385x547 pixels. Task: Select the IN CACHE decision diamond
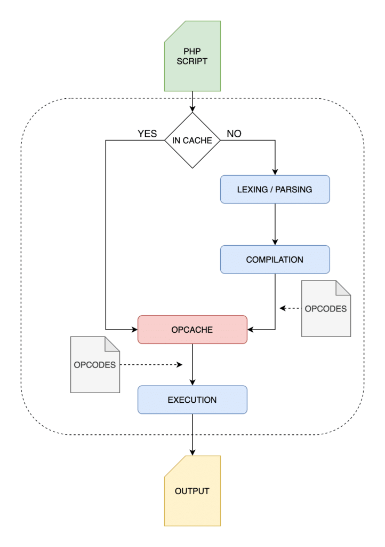click(x=192, y=140)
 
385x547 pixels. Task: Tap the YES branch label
click(x=148, y=134)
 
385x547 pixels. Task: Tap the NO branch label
click(x=234, y=134)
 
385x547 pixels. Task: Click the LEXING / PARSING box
click(x=275, y=189)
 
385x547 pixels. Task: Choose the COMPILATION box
click(x=275, y=260)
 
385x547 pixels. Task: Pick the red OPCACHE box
click(x=192, y=330)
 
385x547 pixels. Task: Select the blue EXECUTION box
click(x=192, y=400)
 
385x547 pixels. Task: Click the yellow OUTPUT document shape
click(x=192, y=491)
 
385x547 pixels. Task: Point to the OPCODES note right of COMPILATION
click(x=326, y=309)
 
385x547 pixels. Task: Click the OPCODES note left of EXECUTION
click(x=95, y=365)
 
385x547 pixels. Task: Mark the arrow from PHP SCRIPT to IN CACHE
click(x=192, y=101)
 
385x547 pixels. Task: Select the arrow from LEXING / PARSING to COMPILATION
click(x=275, y=224)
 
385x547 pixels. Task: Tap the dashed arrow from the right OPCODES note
click(x=291, y=308)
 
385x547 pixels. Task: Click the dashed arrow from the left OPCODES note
click(x=152, y=365)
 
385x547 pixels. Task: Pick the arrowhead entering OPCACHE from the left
click(x=134, y=330)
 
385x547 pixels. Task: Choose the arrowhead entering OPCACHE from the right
click(x=251, y=330)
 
